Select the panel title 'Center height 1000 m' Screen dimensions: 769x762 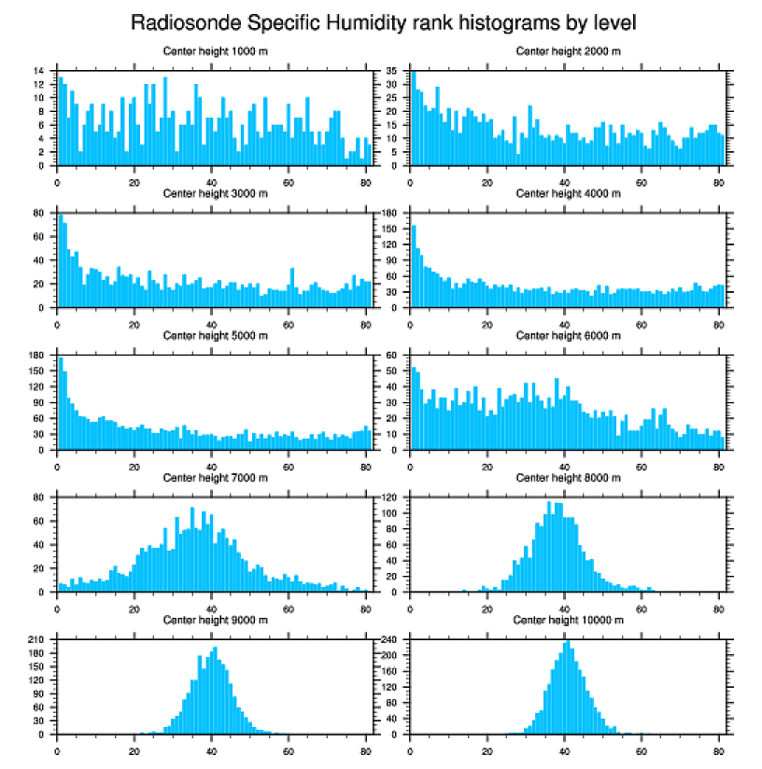(215, 50)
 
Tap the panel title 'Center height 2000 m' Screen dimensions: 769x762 (568, 50)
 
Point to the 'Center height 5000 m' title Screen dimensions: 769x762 (215, 335)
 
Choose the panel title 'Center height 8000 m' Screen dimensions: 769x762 (568, 477)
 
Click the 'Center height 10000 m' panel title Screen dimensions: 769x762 (568, 620)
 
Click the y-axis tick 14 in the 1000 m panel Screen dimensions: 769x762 (39, 71)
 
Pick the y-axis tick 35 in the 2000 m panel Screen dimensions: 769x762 (393, 71)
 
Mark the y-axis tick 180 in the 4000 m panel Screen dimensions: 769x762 (390, 214)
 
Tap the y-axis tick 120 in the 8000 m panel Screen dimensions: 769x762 (390, 497)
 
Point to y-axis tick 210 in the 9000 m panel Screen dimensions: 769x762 (37, 640)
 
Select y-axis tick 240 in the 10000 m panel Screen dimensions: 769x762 (390, 640)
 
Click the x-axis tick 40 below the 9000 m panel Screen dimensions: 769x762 (211, 748)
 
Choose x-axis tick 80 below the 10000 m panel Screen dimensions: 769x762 (718, 748)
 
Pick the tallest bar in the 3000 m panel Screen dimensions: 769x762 (61, 261)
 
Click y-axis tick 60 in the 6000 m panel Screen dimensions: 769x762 (393, 356)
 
